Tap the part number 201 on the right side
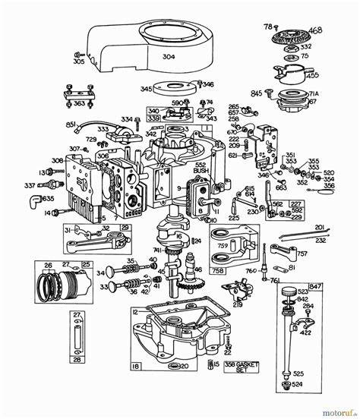click(x=319, y=226)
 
